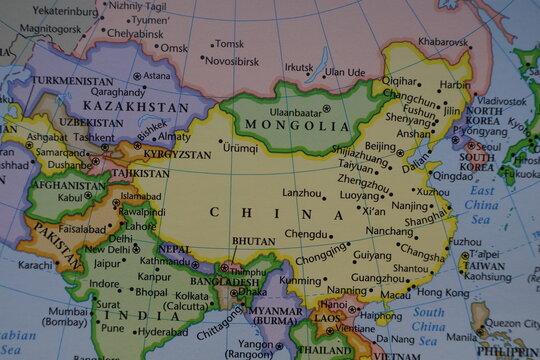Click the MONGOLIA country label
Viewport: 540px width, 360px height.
click(x=291, y=126)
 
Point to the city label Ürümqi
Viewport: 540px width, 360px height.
click(x=240, y=148)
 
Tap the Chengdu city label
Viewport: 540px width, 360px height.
click(x=305, y=234)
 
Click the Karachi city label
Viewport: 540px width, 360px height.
click(x=35, y=265)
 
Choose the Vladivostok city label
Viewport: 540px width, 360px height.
click(x=499, y=101)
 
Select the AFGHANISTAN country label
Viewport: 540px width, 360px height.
click(x=69, y=185)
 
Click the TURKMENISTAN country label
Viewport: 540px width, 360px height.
click(x=72, y=80)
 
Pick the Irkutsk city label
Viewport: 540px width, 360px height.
click(x=298, y=68)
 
